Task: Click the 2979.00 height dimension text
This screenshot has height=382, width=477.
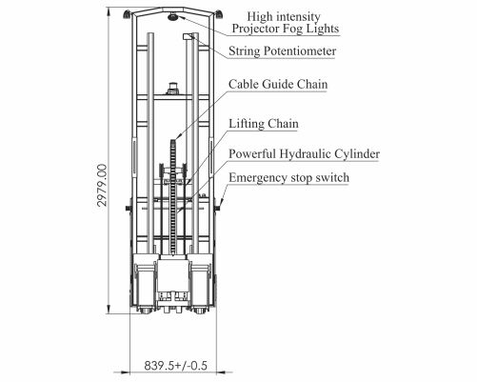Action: point(102,186)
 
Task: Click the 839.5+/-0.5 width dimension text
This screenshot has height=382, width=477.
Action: point(175,366)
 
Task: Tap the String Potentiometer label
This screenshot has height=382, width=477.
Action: point(282,51)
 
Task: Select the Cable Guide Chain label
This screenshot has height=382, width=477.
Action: point(278,84)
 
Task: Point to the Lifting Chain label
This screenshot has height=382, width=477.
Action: point(264,124)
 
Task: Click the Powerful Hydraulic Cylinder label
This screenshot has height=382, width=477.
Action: point(304,154)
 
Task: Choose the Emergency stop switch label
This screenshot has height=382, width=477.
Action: point(288,177)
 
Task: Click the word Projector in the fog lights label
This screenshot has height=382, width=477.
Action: point(256,29)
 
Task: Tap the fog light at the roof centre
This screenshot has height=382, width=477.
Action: point(173,16)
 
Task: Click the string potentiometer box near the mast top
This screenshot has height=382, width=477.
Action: point(189,36)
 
